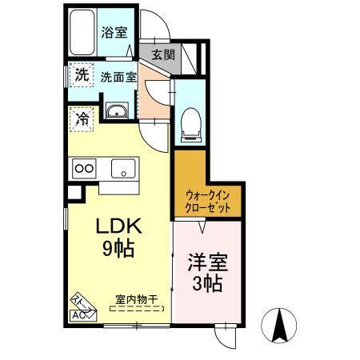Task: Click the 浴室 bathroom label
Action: (114, 32)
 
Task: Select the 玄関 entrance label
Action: (162, 55)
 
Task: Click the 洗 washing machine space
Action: (81, 77)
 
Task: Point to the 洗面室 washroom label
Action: (118, 78)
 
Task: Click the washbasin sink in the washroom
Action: (117, 111)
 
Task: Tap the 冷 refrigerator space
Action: (82, 119)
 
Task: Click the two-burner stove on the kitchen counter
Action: (85, 168)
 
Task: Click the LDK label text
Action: (117, 226)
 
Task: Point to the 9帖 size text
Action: (117, 248)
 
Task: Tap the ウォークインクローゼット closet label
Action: (208, 200)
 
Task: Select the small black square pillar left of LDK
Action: (74, 192)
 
